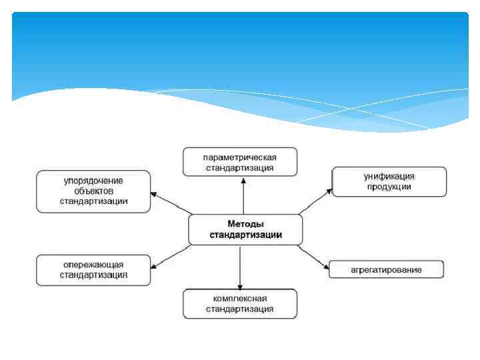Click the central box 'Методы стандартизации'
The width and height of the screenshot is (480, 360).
point(245,229)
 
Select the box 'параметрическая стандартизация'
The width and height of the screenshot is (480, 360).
point(240,162)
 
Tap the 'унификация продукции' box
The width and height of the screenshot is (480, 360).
point(389,181)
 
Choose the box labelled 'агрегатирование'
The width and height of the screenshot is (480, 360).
point(387,269)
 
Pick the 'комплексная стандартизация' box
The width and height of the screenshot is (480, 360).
point(240,304)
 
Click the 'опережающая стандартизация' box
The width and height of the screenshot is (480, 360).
point(93,269)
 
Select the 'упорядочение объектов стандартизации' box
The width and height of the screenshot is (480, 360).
point(93,191)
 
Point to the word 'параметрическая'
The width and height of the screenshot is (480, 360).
point(240,157)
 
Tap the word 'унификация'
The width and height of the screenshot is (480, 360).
point(389,177)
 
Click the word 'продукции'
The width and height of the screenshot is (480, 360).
point(389,187)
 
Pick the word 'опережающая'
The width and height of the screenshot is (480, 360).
point(93,265)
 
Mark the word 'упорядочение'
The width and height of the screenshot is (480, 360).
point(93,181)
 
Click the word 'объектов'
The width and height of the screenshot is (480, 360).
point(93,191)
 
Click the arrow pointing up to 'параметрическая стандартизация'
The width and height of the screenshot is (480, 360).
point(243,195)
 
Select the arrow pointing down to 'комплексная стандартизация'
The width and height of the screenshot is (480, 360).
point(240,267)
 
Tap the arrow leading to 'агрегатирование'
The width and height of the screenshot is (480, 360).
point(313,257)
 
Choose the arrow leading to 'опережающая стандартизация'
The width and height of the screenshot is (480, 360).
point(171,257)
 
